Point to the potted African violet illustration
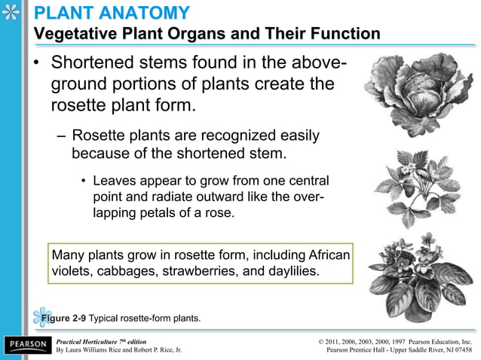click(x=414, y=271)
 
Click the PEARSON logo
click(x=27, y=345)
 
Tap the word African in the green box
click(x=325, y=255)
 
